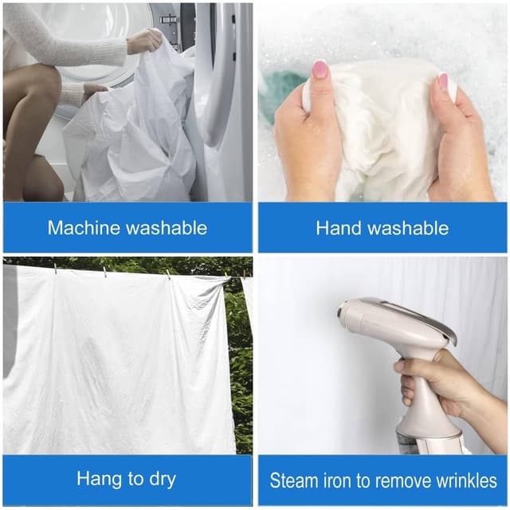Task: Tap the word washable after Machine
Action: click(x=167, y=227)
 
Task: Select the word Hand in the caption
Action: click(x=339, y=228)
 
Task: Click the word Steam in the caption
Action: click(x=293, y=481)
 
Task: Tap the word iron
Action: click(x=337, y=481)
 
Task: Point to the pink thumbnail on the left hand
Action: click(x=320, y=69)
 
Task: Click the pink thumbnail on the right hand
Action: click(x=443, y=81)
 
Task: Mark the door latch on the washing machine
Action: click(x=169, y=19)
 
